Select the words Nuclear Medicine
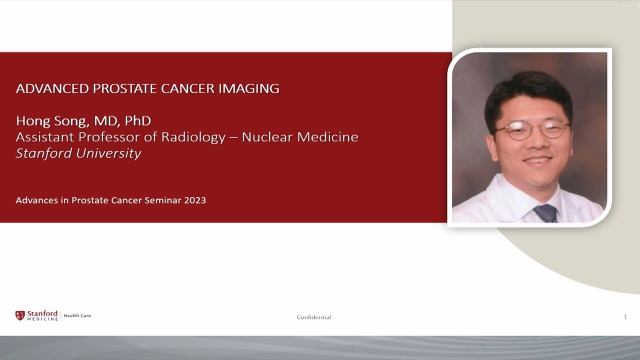coord(300,137)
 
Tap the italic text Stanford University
coord(78,153)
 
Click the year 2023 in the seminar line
coord(194,200)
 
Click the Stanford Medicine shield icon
coord(20,315)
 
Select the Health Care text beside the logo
coord(77,315)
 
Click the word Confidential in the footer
coord(313,317)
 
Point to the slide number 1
coord(625,317)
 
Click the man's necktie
coord(545,212)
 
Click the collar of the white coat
coord(510,195)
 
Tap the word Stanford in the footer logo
coord(42,313)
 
